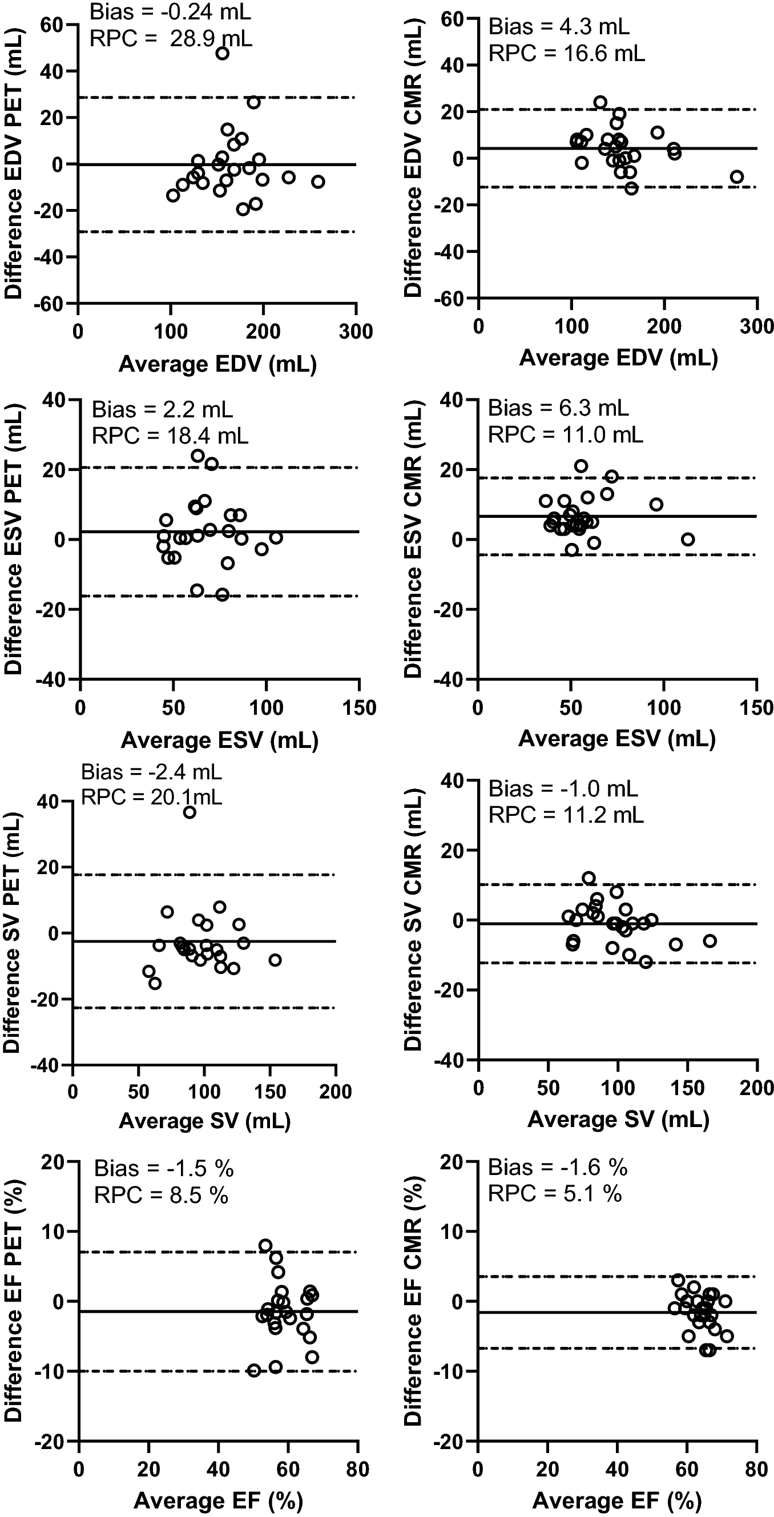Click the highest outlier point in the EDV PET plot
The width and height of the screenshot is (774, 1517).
222,54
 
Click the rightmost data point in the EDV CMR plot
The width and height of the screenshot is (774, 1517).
736,176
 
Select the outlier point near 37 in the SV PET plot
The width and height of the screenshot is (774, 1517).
190,812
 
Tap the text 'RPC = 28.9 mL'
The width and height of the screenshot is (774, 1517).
171,39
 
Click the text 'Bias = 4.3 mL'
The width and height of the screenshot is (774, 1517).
559,27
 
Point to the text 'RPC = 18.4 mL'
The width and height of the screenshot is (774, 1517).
170,436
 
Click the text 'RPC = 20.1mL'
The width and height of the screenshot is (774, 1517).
151,797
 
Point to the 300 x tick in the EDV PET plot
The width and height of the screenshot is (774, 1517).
356,332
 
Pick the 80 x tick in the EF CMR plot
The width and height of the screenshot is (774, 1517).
756,1468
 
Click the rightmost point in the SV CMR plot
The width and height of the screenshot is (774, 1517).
710,941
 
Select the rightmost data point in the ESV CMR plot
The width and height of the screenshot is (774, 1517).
687,539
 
